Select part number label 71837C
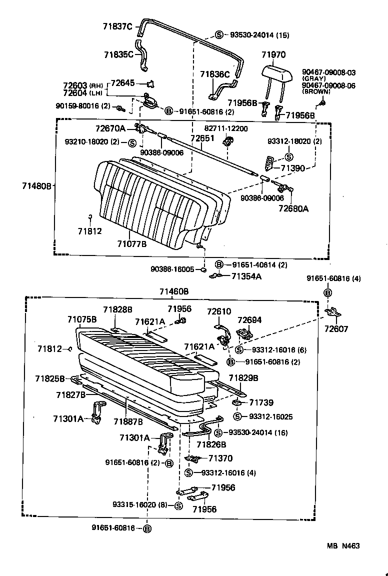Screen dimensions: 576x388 point(117,27)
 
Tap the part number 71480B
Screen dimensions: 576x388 point(36,186)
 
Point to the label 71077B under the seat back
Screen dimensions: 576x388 point(132,244)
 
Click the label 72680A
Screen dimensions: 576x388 point(293,208)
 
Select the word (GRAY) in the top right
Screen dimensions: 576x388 point(313,79)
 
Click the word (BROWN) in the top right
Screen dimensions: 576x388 point(316,92)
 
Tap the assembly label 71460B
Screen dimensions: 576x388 point(174,291)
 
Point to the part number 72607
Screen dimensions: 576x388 point(336,329)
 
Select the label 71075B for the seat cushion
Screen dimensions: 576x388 point(82,319)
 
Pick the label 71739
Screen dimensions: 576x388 point(261,402)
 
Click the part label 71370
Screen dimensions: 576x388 point(220,458)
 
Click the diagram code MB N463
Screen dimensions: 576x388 point(343,546)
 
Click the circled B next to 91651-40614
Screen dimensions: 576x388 point(219,264)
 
